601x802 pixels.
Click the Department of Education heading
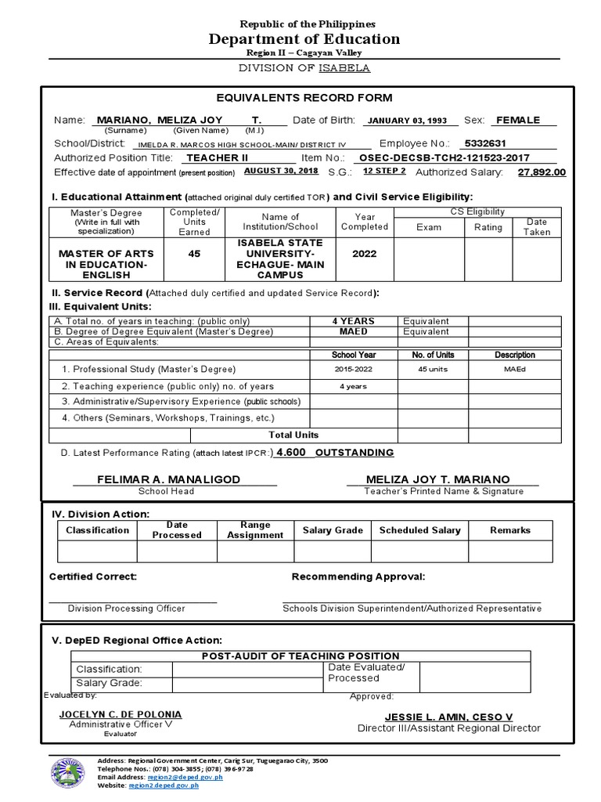pos(304,39)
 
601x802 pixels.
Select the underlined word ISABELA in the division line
pos(344,68)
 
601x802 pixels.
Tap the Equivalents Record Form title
pos(304,98)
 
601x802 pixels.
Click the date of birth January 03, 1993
pos(407,121)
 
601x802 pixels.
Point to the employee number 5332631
pos(485,144)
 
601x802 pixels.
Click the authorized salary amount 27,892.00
pos(542,172)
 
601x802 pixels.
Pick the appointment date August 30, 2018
pos(281,171)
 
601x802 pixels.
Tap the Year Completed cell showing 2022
pos(364,254)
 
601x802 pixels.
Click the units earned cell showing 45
pos(194,254)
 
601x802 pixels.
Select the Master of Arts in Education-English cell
pos(106,259)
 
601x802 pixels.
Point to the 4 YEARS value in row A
pos(354,321)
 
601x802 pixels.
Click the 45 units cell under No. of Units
pos(433,369)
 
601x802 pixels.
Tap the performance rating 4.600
pos(291,453)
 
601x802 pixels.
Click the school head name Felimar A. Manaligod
pos(168,479)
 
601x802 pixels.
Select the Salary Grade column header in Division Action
pos(333,530)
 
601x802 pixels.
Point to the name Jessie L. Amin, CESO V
pos(448,717)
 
